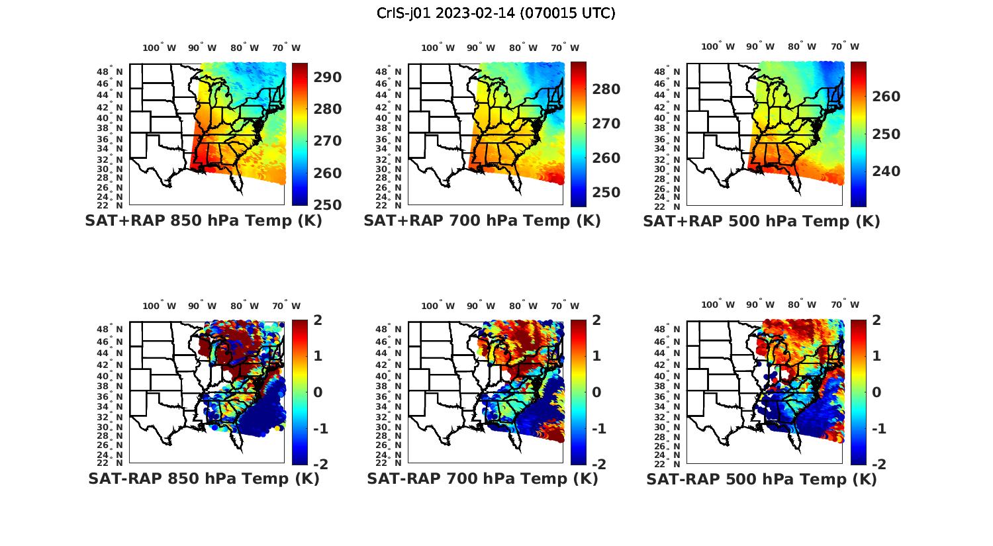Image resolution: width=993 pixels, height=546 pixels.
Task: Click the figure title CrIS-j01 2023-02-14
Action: pyautogui.click(x=496, y=13)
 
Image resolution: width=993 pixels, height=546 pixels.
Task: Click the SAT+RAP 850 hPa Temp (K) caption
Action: pyautogui.click(x=203, y=221)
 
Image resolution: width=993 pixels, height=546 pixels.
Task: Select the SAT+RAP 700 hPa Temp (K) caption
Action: pyautogui.click(x=482, y=221)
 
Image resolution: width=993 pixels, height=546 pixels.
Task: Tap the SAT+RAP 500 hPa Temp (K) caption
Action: pyautogui.click(x=761, y=221)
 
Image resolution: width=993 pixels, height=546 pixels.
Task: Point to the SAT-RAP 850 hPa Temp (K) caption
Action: pyautogui.click(x=203, y=478)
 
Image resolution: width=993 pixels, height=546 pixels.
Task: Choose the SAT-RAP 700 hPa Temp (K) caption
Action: pyautogui.click(x=482, y=478)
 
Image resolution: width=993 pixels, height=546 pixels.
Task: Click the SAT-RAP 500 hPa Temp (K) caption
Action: pyautogui.click(x=761, y=478)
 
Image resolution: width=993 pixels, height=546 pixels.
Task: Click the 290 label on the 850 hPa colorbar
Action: pyautogui.click(x=328, y=77)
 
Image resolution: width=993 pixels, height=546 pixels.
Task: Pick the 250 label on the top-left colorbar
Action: pyautogui.click(x=328, y=205)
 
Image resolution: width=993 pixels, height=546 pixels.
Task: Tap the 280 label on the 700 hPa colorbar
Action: pyautogui.click(x=606, y=89)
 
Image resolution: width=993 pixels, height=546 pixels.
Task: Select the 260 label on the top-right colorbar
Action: pyautogui.click(x=886, y=97)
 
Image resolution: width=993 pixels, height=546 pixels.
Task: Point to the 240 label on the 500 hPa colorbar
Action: pyautogui.click(x=886, y=171)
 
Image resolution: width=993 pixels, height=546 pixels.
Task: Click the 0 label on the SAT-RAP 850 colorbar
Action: pyautogui.click(x=317, y=392)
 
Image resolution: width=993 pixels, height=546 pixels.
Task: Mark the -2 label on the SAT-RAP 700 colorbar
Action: pyautogui.click(x=598, y=465)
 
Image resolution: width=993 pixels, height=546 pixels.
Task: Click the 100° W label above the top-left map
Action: pyautogui.click(x=159, y=48)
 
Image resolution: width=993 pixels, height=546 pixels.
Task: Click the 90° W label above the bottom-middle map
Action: pyautogui.click(x=481, y=306)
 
